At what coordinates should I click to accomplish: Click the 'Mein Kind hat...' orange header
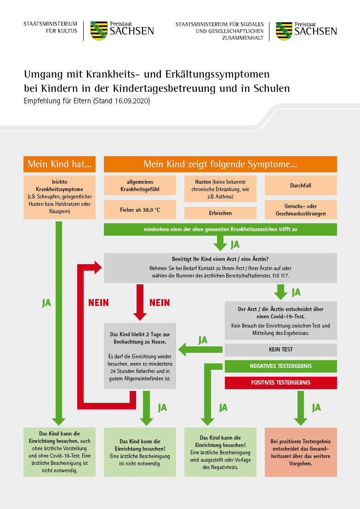(x=59, y=164)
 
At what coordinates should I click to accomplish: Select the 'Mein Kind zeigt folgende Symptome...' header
(x=220, y=164)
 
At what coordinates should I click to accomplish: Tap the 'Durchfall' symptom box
(x=301, y=185)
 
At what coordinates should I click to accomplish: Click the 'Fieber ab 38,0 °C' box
(x=140, y=209)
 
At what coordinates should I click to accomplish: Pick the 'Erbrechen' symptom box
(x=220, y=213)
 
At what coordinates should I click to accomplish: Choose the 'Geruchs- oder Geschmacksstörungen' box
(x=301, y=209)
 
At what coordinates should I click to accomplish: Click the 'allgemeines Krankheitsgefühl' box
(x=140, y=185)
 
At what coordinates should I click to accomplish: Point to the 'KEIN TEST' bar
(x=281, y=350)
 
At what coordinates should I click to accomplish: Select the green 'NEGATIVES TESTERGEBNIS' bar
(x=281, y=366)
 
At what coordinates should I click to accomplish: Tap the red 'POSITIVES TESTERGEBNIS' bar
(x=281, y=383)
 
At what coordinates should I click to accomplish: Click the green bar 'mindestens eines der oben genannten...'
(x=220, y=229)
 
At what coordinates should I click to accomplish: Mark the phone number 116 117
(x=280, y=276)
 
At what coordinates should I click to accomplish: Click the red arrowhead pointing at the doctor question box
(x=98, y=267)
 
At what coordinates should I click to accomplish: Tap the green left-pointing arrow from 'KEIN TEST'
(x=200, y=350)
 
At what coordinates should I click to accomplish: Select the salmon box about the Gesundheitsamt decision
(x=301, y=452)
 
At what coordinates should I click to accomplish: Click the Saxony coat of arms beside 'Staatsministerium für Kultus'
(x=99, y=31)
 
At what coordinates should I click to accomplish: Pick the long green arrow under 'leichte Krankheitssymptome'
(x=59, y=323)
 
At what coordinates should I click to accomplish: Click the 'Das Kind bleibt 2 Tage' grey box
(x=140, y=356)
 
